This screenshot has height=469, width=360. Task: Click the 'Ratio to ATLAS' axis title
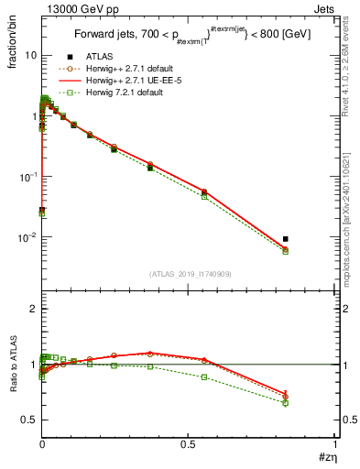point(14,365)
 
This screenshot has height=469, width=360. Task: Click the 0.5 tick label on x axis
point(189,443)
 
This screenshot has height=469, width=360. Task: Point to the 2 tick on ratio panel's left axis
point(31,310)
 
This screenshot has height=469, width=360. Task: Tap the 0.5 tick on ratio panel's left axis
point(27,420)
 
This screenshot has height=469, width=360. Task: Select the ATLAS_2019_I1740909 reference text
point(189,274)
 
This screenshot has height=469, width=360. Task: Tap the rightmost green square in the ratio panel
point(286,402)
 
